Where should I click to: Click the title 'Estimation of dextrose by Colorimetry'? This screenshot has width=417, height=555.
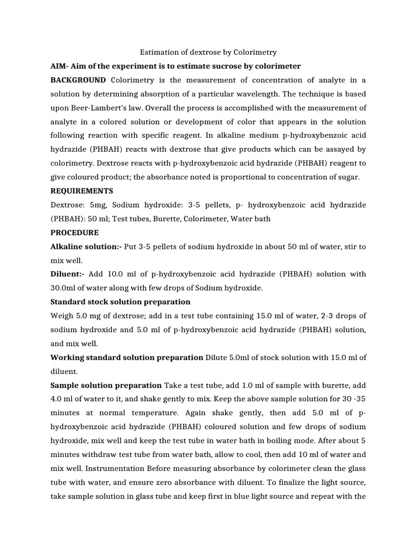(208, 53)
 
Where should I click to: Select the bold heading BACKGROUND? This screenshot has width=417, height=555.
(78, 80)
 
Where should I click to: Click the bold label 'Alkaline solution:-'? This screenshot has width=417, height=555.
(86, 247)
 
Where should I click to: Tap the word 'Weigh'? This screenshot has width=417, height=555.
(63, 316)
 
